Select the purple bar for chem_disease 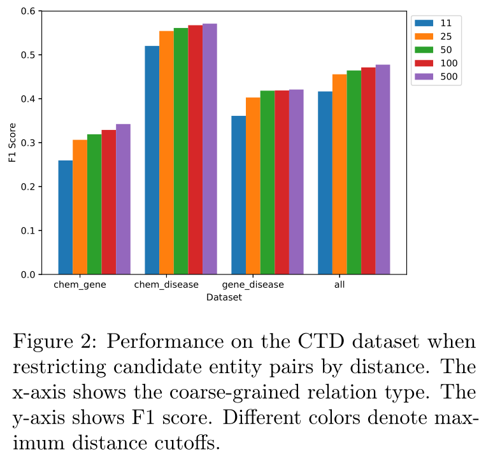[x=210, y=149]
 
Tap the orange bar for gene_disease [x=253, y=186]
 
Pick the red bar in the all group [x=368, y=171]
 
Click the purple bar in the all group [x=383, y=169]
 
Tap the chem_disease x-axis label [x=166, y=285]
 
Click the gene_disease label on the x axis [x=253, y=285]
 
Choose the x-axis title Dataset [x=224, y=297]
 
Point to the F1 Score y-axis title [x=12, y=143]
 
